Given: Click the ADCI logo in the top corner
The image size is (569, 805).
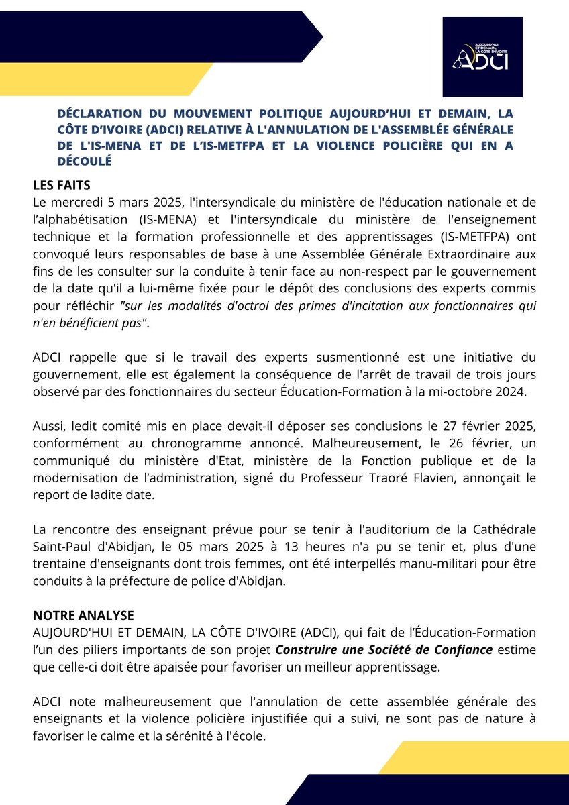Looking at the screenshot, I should tap(482, 57).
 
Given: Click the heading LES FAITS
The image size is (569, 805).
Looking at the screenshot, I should tap(62, 184).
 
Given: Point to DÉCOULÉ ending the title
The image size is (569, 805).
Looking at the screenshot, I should tap(84, 161).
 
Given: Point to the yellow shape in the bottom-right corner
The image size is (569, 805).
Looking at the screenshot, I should tap(470, 757).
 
